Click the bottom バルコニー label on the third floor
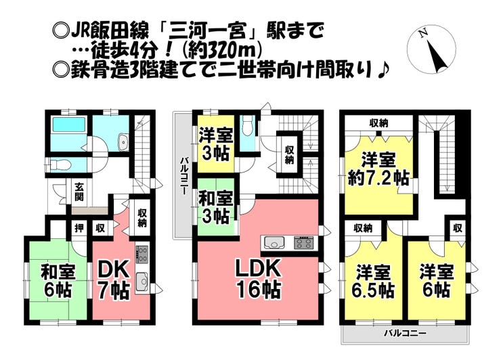pyautogui.click(x=405, y=332)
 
